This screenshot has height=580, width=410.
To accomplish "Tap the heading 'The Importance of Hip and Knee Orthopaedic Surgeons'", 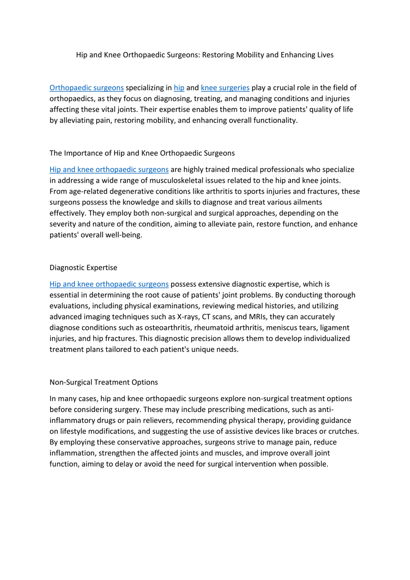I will pyautogui.click(x=142, y=153).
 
